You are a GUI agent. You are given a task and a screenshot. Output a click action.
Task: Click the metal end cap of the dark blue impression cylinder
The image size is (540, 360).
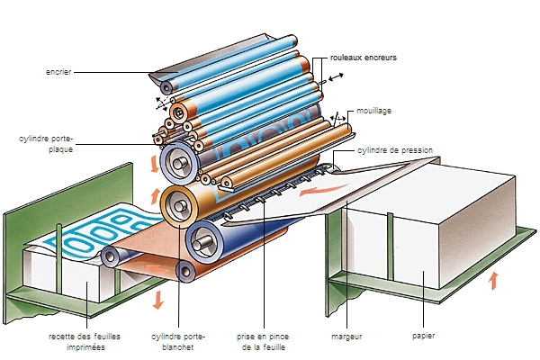(205, 242)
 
